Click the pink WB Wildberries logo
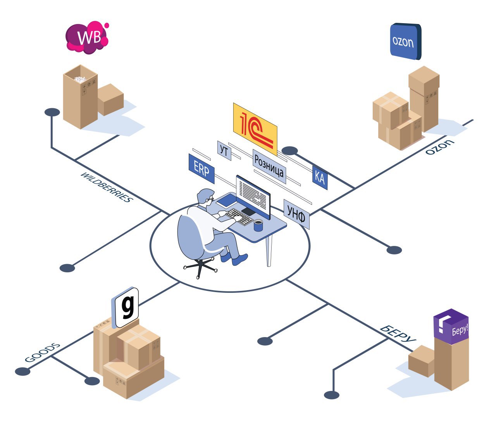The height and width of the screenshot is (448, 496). tap(86, 38)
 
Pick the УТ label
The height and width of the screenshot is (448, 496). tap(224, 150)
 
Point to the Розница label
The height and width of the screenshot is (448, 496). tap(269, 166)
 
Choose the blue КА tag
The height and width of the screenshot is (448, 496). tap(320, 177)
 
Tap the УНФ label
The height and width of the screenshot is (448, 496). tap(296, 214)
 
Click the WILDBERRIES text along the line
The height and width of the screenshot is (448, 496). tap(106, 187)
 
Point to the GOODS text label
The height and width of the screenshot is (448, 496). tap(43, 353)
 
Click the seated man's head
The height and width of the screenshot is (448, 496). tap(205, 197)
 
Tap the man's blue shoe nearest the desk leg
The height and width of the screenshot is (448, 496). tap(240, 259)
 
